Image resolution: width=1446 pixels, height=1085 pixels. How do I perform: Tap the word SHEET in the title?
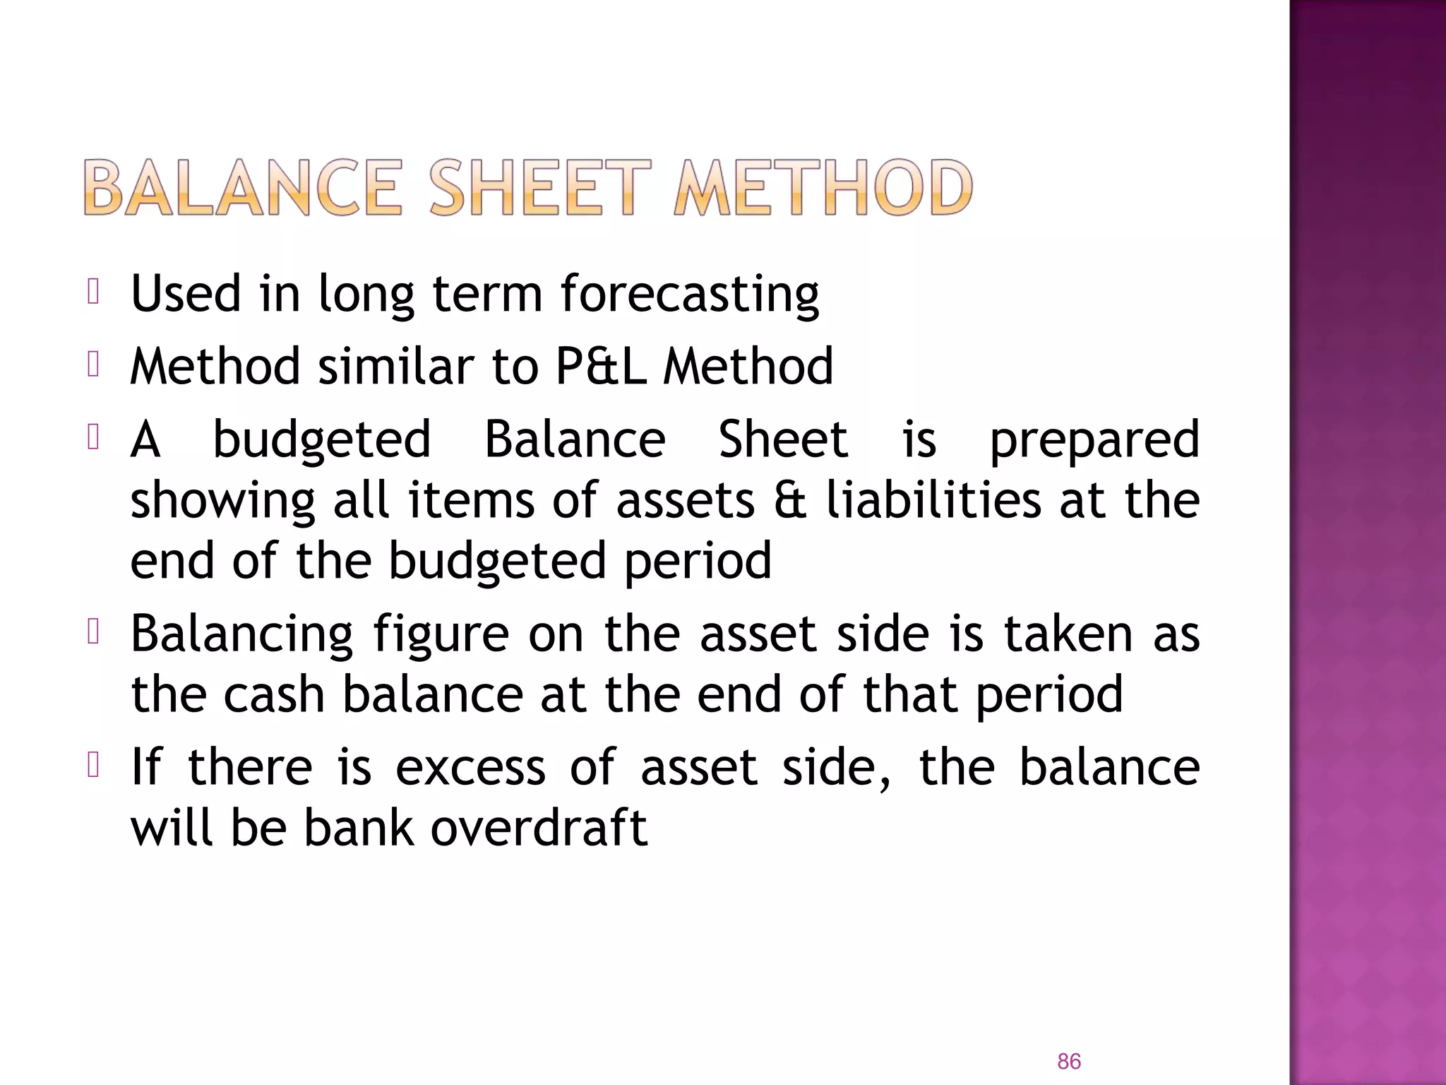point(539,188)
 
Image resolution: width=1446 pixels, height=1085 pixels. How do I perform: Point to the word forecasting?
point(690,294)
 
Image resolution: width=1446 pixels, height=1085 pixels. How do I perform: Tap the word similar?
point(396,366)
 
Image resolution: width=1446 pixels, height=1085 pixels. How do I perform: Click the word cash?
point(274,694)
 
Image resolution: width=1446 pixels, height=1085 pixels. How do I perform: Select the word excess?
point(470,767)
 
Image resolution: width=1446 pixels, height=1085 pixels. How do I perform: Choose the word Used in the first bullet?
point(186,294)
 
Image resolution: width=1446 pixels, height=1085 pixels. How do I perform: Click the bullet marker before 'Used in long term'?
point(93,292)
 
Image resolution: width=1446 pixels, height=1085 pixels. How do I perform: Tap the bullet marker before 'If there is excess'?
point(93,766)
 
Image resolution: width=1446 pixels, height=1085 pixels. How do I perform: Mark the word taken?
point(1068,634)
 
